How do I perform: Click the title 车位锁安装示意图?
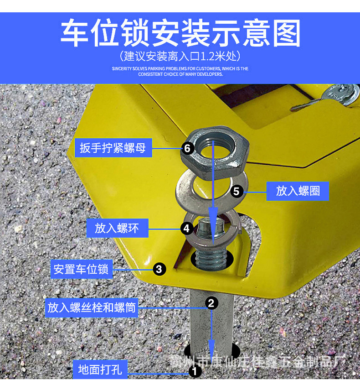click(x=180, y=33)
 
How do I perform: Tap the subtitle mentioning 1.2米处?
click(x=180, y=57)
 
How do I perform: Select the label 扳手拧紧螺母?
click(x=113, y=148)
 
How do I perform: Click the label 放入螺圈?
click(x=298, y=191)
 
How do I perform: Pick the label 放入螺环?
click(x=117, y=228)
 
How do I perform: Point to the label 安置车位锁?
click(x=81, y=269)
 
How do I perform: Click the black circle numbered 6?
click(x=187, y=148)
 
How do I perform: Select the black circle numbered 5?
click(x=236, y=191)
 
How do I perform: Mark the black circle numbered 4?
click(x=187, y=228)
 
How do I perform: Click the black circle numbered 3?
click(x=159, y=269)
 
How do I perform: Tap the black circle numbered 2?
click(x=211, y=303)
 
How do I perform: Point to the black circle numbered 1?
click(x=195, y=371)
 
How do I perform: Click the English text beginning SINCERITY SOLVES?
click(x=180, y=71)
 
